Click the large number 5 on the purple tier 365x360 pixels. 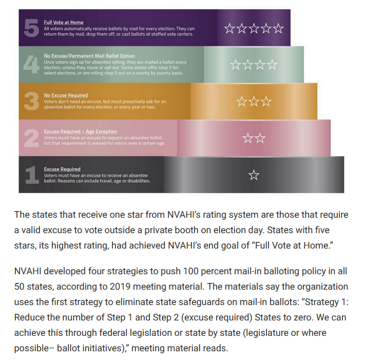point(31,28)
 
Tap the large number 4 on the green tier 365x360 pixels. point(31,65)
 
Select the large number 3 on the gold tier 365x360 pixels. point(31,101)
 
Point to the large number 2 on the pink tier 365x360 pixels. point(31,138)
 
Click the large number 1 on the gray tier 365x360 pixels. point(32,175)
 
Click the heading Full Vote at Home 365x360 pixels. point(64,23)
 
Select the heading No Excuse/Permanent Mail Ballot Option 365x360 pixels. point(89,56)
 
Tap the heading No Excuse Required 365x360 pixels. point(66,95)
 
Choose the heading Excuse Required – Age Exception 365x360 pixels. point(80,131)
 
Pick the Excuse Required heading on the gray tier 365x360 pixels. point(62,169)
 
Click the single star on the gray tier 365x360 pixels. point(254,175)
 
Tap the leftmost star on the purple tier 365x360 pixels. point(229,28)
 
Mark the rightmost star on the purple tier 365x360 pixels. point(278,28)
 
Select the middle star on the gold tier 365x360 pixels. point(254,101)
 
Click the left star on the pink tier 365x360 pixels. point(247,138)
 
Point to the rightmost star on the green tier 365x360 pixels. point(272,65)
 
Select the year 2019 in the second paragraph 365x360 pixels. point(120,287)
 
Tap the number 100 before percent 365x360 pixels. point(191,271)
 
